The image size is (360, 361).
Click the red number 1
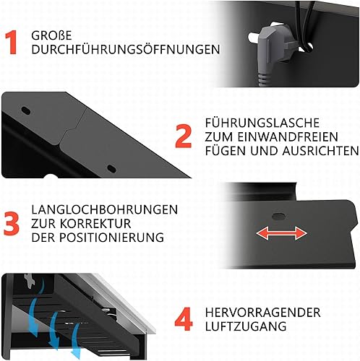pyautogui.click(x=12, y=42)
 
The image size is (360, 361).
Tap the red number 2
pyautogui.click(x=184, y=136)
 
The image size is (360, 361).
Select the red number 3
pyautogui.click(x=12, y=224)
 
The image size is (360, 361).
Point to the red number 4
pyautogui.click(x=184, y=319)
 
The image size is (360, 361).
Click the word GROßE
pyautogui.click(x=51, y=35)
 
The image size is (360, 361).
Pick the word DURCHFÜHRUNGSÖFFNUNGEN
pyautogui.click(x=126, y=49)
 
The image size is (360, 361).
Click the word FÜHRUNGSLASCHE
pyautogui.click(x=262, y=123)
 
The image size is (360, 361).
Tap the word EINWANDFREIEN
pyautogui.click(x=288, y=137)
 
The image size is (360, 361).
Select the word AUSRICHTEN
pyautogui.click(x=321, y=151)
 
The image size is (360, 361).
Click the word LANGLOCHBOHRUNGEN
pyautogui.click(x=105, y=209)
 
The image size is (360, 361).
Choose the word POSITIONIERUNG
pyautogui.click(x=111, y=238)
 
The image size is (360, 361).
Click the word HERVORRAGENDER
pyautogui.click(x=263, y=313)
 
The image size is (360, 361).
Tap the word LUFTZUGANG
pyautogui.click(x=246, y=326)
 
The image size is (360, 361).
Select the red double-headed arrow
pyautogui.click(x=281, y=233)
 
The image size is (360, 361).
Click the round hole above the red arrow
pyautogui.click(x=278, y=216)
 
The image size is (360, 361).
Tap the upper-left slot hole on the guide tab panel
pyautogui.click(x=26, y=110)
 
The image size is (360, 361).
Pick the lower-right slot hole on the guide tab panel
pyautogui.click(x=111, y=168)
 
